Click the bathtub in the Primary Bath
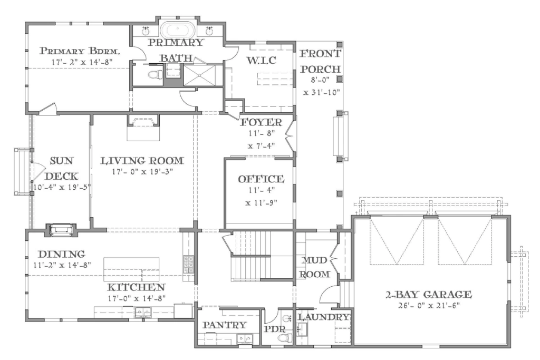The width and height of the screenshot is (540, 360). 178,30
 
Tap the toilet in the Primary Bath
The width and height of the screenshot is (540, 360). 155,75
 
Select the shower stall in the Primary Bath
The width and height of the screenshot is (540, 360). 199,74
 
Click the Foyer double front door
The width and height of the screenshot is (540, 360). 288,136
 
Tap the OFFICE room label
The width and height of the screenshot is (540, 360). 261,179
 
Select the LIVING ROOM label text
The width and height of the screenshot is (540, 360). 142,160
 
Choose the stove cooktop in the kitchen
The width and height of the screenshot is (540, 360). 188,264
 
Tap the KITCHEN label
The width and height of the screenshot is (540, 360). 137,287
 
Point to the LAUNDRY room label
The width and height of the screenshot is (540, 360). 324,317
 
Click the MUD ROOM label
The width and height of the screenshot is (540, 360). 315,267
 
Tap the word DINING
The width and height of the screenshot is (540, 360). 61,254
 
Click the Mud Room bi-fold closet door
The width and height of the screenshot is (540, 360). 333,261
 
